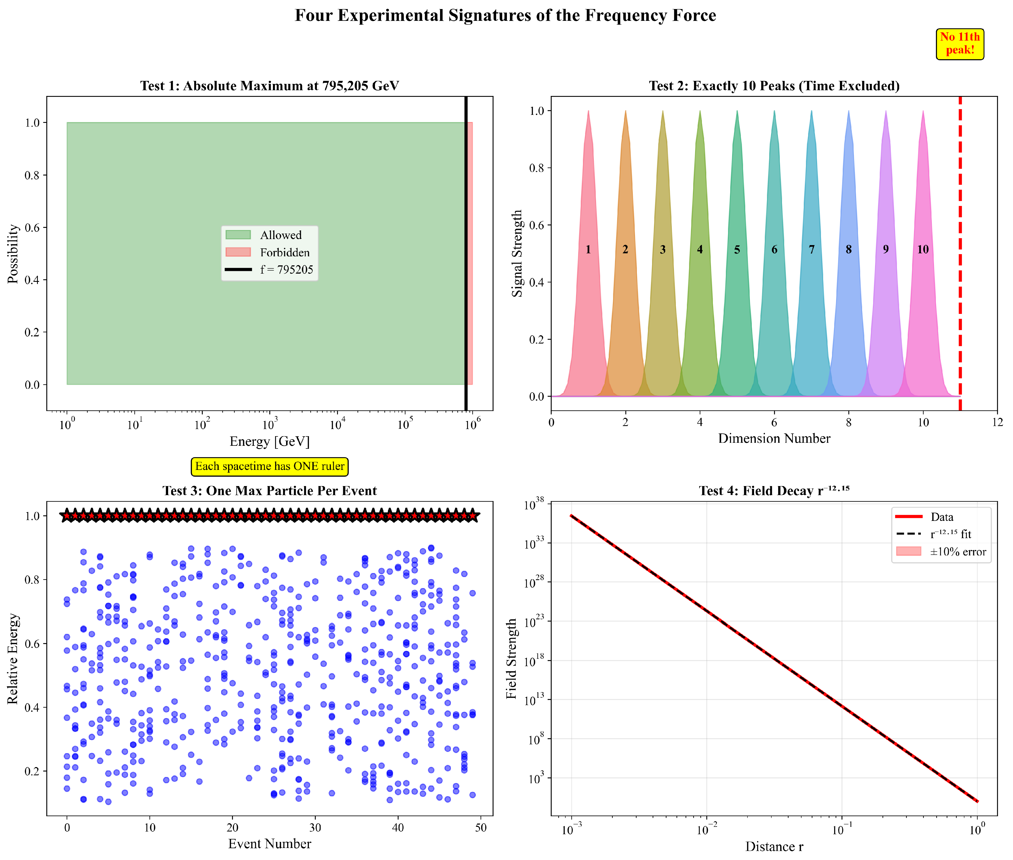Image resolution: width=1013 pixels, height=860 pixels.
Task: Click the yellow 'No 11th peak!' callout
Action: pyautogui.click(x=959, y=44)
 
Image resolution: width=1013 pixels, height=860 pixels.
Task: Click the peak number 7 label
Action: pyautogui.click(x=811, y=250)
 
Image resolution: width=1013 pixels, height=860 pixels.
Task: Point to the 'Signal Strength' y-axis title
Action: pyautogui.click(x=517, y=254)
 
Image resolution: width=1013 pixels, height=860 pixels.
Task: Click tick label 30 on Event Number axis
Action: pyautogui.click(x=315, y=827)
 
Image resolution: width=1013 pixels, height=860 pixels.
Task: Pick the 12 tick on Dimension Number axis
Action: pyautogui.click(x=997, y=422)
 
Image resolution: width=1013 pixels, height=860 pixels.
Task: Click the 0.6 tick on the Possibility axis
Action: pyautogui.click(x=32, y=228)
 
